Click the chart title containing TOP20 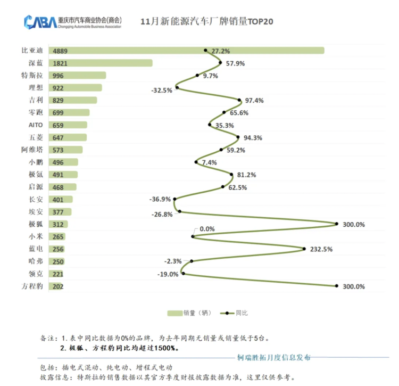click(207, 22)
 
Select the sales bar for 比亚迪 click(186, 51)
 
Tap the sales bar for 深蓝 click(101, 63)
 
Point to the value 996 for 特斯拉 click(59, 76)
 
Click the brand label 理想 click(36, 88)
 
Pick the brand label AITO click(36, 125)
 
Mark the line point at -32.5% click(177, 88)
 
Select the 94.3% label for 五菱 click(252, 138)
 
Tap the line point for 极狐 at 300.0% click(337, 224)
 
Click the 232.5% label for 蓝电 click(322, 249)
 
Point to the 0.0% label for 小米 click(207, 229)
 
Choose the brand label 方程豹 click(32, 286)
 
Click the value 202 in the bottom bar click(59, 286)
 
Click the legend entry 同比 click(237, 313)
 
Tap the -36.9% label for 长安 click(160, 199)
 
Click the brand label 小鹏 click(36, 162)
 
